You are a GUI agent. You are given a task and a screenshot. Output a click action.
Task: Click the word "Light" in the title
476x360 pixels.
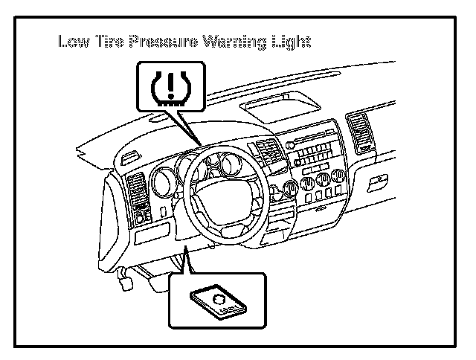point(289,42)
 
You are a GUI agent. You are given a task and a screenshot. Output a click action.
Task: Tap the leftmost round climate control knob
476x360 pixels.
point(308,184)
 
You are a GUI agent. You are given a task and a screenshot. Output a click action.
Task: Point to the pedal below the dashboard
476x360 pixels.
point(126,282)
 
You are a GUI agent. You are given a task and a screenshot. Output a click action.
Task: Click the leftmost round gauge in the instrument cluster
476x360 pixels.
point(164,181)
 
